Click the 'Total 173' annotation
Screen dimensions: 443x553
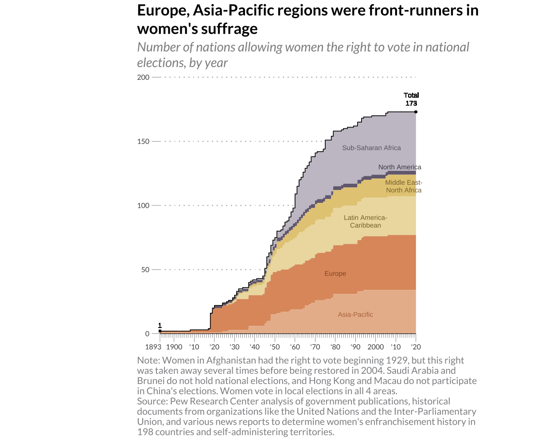411,99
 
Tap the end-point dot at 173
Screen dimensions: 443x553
416,112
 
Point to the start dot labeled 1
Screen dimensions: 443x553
160,331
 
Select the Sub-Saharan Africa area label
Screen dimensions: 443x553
371,148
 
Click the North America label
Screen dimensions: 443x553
400,167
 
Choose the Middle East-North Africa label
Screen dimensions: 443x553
403,186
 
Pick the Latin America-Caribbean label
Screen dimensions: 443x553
365,221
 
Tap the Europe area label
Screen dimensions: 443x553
335,273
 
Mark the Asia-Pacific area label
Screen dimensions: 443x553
355,314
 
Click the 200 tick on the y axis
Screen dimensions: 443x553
143,77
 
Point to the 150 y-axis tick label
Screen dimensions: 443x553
143,142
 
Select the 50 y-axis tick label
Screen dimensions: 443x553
145,269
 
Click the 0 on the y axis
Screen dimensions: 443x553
147,334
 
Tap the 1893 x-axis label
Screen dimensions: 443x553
153,347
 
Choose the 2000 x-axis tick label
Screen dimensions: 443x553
376,347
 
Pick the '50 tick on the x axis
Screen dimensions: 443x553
275,347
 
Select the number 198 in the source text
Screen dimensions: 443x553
145,432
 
